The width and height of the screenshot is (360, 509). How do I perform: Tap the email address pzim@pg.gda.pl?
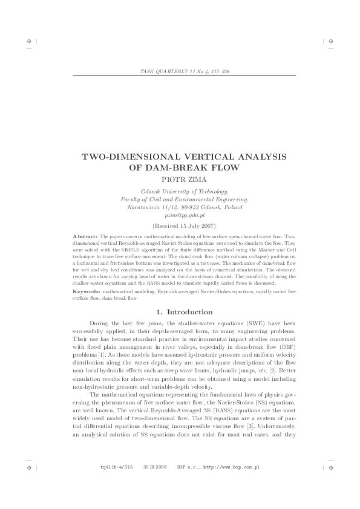[185, 215]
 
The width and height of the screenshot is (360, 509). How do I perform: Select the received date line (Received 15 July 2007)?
[185, 225]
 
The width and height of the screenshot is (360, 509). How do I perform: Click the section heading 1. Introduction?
[185, 312]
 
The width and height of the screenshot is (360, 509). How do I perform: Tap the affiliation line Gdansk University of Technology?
[185, 190]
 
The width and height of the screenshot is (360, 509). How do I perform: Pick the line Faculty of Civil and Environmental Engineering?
[185, 198]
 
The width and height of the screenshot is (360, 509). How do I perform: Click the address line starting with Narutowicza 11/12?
[185, 207]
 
